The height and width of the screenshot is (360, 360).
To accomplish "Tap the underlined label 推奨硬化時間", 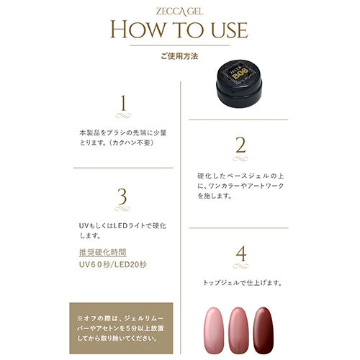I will [x=104, y=253].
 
